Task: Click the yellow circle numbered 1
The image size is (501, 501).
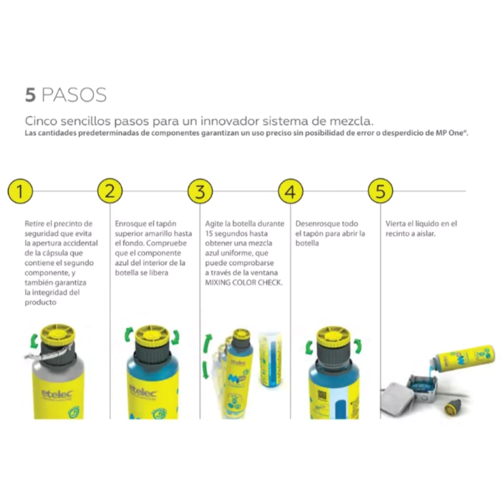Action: coord(20,191)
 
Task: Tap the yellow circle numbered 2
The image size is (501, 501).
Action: coord(110,191)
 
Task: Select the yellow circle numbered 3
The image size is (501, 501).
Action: coord(200,191)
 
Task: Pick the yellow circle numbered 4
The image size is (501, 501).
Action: coord(291,191)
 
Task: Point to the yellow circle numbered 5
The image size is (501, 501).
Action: coord(380,191)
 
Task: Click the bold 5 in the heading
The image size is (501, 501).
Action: coord(30,95)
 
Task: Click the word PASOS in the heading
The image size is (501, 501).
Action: coord(74,95)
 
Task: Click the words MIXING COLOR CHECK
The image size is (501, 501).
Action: coord(244,282)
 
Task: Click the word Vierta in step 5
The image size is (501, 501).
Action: coord(395,224)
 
